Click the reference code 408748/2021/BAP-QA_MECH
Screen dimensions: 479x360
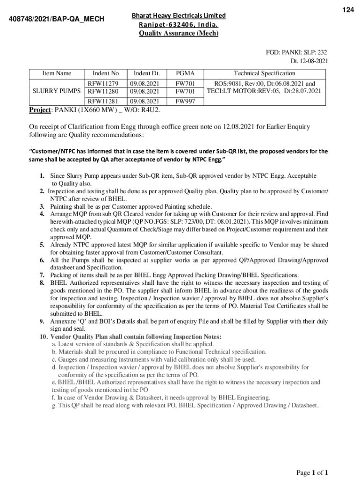click(57, 19)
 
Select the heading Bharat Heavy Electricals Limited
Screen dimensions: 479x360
click(178, 15)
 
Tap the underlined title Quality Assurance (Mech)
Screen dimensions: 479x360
click(178, 33)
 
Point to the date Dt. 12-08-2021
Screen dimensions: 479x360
click(309, 61)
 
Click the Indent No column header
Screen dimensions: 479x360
click(106, 73)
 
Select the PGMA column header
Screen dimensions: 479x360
click(185, 73)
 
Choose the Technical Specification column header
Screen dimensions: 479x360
click(264, 73)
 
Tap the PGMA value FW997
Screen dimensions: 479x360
click(185, 101)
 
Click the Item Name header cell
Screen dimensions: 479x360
click(57, 73)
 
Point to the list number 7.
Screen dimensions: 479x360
click(42, 275)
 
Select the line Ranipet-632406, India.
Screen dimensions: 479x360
click(178, 24)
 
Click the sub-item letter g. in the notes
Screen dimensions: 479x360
click(54, 405)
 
